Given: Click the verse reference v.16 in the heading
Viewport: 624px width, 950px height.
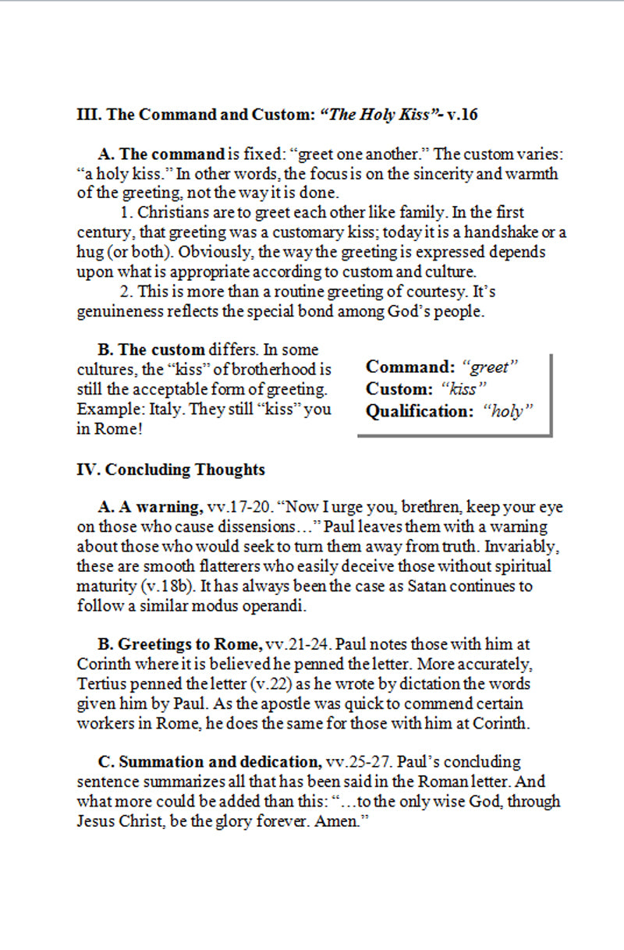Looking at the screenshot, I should pyautogui.click(x=462, y=115).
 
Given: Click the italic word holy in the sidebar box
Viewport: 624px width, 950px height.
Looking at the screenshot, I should pyautogui.click(x=508, y=412).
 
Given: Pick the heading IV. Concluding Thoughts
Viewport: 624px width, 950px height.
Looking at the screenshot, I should pyautogui.click(x=171, y=470).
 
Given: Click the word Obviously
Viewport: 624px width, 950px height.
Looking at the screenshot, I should pyautogui.click(x=183, y=253).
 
